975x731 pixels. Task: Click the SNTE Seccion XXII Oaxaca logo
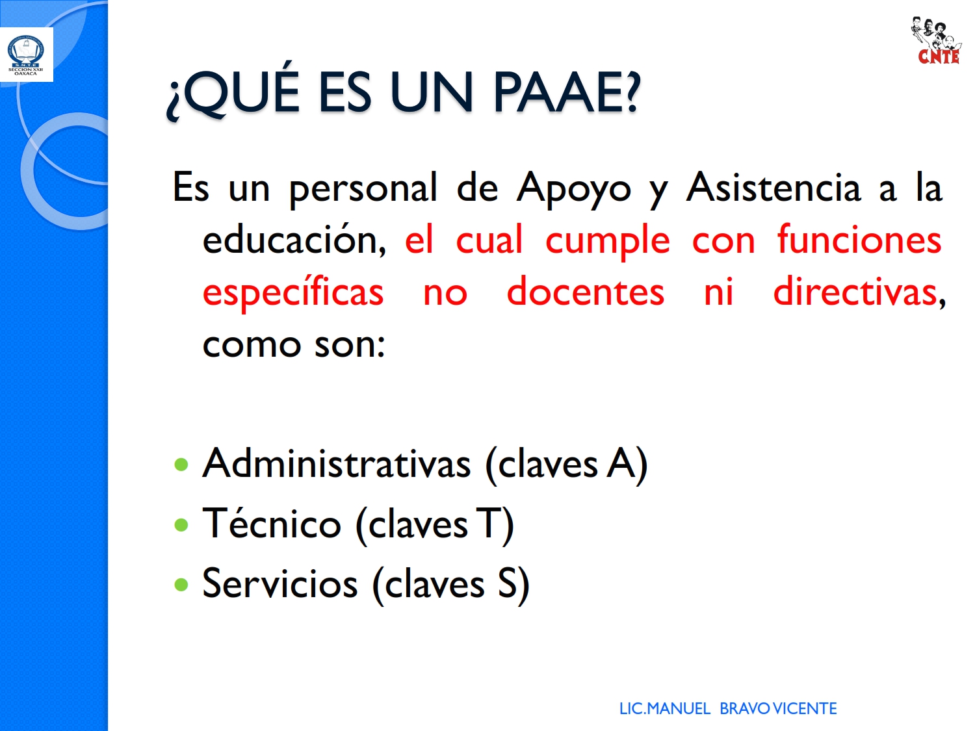26,55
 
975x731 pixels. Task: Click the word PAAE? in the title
567,94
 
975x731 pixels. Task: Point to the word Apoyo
573,189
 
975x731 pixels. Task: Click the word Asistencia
773,187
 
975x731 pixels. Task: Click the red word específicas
292,292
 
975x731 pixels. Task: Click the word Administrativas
336,463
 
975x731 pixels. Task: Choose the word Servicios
280,583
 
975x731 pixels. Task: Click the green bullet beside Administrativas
181,465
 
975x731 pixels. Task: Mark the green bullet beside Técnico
181,525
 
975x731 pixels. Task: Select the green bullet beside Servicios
181,585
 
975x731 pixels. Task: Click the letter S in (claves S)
507,584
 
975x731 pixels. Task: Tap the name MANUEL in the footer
679,709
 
